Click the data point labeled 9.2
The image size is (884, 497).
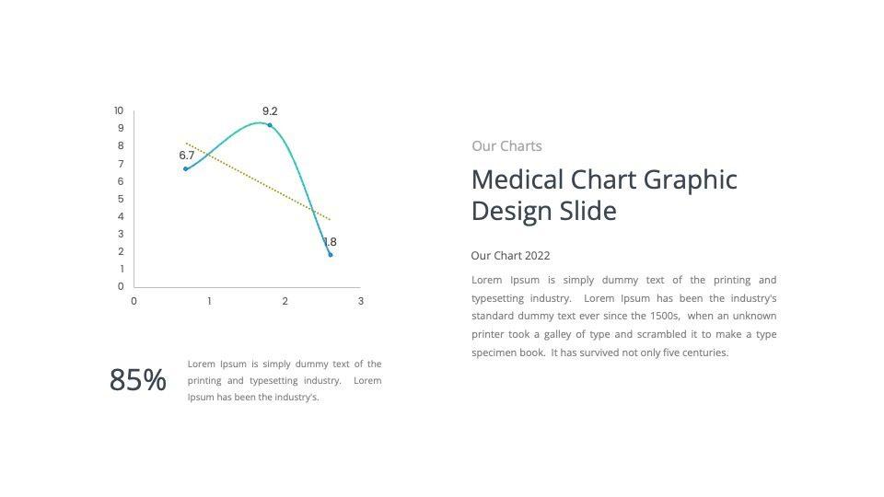click(269, 124)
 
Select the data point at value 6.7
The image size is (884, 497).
click(186, 168)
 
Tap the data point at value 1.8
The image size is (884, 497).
click(330, 255)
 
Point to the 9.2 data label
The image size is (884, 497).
click(270, 110)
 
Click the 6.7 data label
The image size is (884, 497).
click(187, 156)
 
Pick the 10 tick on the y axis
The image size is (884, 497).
click(119, 110)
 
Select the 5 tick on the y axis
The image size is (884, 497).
click(121, 199)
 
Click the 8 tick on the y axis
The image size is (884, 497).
click(121, 145)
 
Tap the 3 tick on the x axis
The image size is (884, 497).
click(361, 301)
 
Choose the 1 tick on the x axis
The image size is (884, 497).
click(209, 301)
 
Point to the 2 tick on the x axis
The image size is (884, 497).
click(285, 301)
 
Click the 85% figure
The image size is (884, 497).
click(138, 380)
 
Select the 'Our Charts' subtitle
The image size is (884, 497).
click(506, 145)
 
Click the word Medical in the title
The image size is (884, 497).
click(518, 179)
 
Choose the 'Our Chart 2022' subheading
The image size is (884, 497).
click(510, 256)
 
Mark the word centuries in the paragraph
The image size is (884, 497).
click(704, 353)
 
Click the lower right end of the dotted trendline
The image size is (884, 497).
click(330, 219)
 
